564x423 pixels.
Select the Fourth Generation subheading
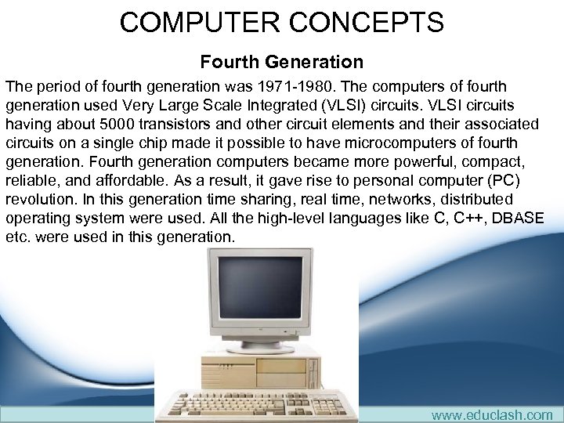pyautogui.click(x=282, y=61)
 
